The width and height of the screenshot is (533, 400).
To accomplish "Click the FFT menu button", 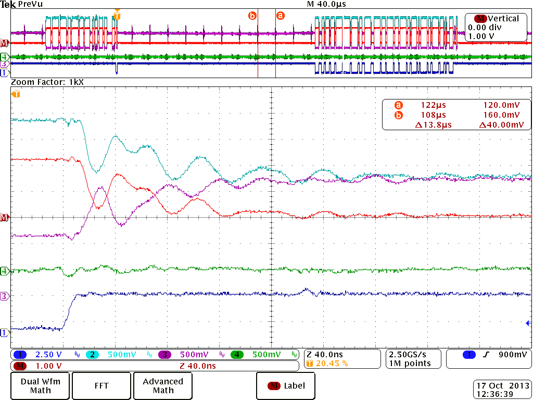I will click(x=101, y=385).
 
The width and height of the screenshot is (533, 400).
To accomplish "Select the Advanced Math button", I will click(x=163, y=385).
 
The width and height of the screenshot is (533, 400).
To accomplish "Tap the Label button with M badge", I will click(x=287, y=386).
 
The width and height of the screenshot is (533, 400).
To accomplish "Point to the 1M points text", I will click(x=410, y=363).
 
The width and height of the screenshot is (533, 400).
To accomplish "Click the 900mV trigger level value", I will click(x=509, y=355).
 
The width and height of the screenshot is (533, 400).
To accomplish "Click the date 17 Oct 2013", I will click(x=503, y=385).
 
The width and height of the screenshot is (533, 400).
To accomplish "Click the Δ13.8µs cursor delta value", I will click(x=433, y=124).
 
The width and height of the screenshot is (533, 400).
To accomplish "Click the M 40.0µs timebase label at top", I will click(x=326, y=4).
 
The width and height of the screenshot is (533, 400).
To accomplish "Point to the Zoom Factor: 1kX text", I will click(x=47, y=82).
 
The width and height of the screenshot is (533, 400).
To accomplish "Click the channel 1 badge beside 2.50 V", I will click(x=19, y=355).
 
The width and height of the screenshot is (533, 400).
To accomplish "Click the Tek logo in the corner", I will click(x=8, y=4).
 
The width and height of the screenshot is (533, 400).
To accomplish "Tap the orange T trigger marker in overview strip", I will click(x=117, y=16).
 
